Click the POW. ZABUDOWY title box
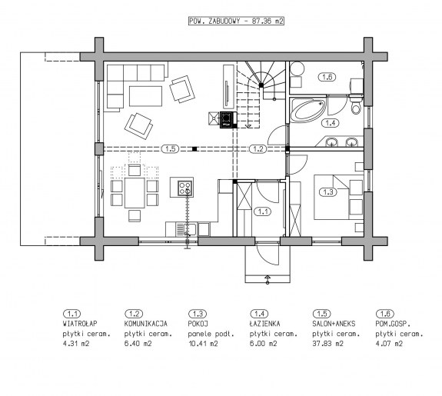click(236, 21)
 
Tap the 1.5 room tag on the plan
click(170, 148)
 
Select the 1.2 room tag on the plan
click(258, 148)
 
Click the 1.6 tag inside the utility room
click(327, 77)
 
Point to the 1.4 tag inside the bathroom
click(331, 123)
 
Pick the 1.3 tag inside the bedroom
click(327, 192)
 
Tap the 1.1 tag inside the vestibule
click(263, 211)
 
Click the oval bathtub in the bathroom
click(307, 110)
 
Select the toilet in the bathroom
click(356, 104)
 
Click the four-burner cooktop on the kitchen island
click(185, 188)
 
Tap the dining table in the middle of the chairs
click(135, 192)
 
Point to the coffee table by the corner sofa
click(145, 96)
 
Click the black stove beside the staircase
click(228, 120)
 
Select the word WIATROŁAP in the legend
click(80, 324)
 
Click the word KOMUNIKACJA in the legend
click(146, 324)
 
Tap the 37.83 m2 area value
click(327, 344)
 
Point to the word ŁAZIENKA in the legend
click(264, 323)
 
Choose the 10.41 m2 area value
click(203, 344)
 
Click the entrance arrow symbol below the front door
click(268, 279)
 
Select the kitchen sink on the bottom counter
click(186, 229)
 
